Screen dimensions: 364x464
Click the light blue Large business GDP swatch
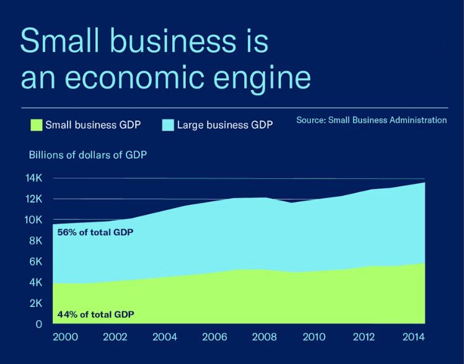[x=168, y=124]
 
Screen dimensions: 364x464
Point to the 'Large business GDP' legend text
[x=225, y=124]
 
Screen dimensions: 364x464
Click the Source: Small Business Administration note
[x=371, y=120]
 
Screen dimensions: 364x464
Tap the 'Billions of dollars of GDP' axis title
[x=88, y=155]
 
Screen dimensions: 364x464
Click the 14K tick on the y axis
[x=33, y=178]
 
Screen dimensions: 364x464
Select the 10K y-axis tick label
[x=33, y=220]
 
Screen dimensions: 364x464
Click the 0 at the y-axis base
[x=38, y=324]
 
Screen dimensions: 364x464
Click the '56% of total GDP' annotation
[x=95, y=233]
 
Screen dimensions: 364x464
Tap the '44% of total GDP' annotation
[x=95, y=314]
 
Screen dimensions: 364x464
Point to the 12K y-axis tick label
[x=33, y=199]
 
